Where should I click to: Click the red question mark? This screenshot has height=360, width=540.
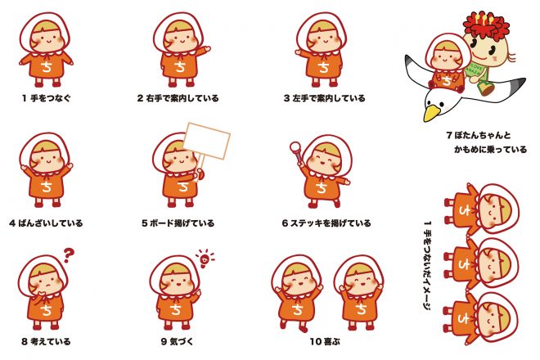[69, 255]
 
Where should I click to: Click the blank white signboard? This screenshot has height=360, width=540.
[207, 141]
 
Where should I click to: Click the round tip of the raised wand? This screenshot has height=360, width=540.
[295, 147]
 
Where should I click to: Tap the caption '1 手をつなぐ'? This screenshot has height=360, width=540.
[46, 98]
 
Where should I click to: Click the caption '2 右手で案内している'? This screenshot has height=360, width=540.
[178, 98]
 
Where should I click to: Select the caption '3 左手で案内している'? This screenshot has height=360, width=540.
[324, 98]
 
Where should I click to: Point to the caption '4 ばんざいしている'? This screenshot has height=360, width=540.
[46, 223]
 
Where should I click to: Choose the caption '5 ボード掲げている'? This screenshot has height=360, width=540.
[178, 223]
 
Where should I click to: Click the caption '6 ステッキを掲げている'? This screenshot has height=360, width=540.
[326, 223]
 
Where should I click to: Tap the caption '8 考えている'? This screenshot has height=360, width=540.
[46, 341]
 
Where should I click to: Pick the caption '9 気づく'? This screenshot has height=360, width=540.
[177, 341]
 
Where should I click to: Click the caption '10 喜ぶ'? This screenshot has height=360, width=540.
[325, 341]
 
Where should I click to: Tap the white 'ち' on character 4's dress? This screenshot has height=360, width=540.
[46, 187]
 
